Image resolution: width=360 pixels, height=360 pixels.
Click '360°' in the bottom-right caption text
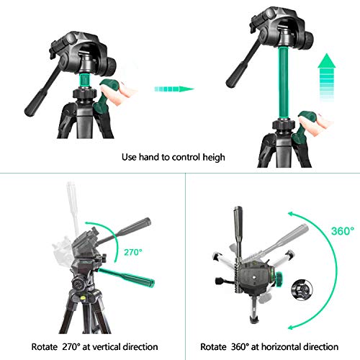pyautogui.click(x=240, y=346)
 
